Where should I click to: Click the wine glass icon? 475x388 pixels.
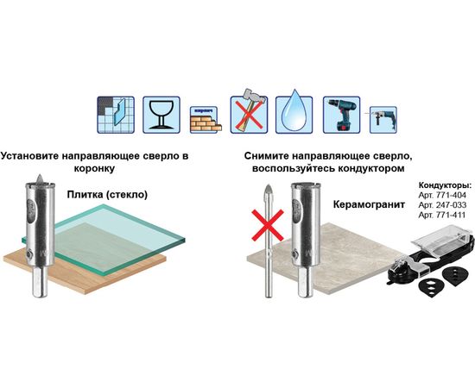[161, 115]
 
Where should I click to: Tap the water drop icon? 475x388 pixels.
[294, 115]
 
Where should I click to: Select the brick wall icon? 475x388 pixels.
[206, 120]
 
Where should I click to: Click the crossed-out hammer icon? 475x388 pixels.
[249, 111]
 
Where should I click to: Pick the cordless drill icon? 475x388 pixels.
[341, 115]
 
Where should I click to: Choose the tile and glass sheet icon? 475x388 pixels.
[116, 115]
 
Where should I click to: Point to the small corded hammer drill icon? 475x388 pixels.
[383, 120]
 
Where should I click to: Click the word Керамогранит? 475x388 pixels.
[369, 204]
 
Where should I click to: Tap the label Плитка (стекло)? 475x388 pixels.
[107, 195]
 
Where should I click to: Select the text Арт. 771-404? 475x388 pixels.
[442, 195]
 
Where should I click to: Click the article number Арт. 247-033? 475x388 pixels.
[442, 205]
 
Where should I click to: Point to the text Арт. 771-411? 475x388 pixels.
[441, 215]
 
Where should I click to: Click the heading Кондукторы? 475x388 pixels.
[445, 185]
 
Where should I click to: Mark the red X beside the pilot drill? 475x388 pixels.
[268, 225]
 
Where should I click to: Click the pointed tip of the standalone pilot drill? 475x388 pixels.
[268, 185]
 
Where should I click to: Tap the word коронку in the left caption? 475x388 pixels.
[94, 168]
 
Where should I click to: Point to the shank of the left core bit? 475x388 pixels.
[40, 281]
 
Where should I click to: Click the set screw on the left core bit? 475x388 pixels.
[29, 254]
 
